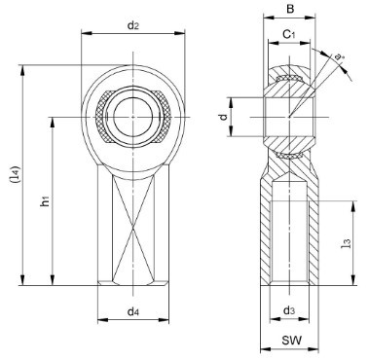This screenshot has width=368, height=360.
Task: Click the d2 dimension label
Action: pyautogui.click(x=133, y=25)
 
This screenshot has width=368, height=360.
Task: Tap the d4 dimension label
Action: pyautogui.click(x=133, y=312)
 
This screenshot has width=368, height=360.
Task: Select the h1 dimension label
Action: pyautogui.click(x=45, y=201)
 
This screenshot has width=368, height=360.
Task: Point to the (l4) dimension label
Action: pyautogui.click(x=16, y=175)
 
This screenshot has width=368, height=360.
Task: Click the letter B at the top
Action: pyautogui.click(x=290, y=9)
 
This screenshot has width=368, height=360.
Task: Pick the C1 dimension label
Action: pyautogui.click(x=289, y=34)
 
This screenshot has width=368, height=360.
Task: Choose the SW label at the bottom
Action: pyautogui.click(x=292, y=341)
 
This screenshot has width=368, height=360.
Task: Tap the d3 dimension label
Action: pyautogui.click(x=289, y=310)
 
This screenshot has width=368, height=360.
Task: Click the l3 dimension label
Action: pyautogui.click(x=347, y=243)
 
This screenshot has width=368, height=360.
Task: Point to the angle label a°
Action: pyautogui.click(x=339, y=57)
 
